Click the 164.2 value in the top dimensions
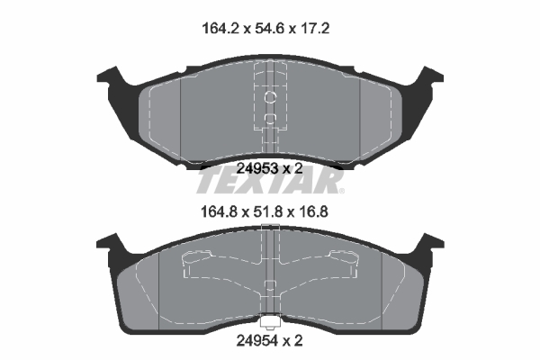point(220,28)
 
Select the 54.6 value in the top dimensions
point(268,28)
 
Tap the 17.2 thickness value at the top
point(314,28)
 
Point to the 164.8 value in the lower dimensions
point(220,211)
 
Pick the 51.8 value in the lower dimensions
point(267,211)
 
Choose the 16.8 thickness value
point(313,211)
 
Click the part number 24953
point(257,168)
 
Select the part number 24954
point(256,341)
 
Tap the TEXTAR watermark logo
point(269,182)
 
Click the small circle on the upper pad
point(270,97)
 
